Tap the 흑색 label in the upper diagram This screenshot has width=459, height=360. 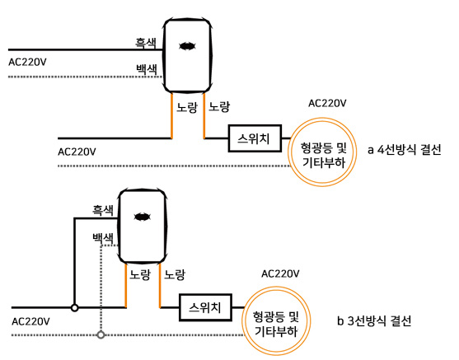[x=146, y=44]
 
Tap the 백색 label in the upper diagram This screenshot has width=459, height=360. [x=147, y=69]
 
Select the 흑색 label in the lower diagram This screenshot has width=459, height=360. [x=103, y=210]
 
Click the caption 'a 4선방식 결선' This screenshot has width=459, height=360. [x=405, y=150]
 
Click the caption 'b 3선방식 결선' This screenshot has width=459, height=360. [x=374, y=320]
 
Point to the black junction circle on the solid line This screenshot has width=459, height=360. [x=75, y=308]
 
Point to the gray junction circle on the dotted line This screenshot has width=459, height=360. [x=101, y=334]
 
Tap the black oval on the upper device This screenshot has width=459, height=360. [x=187, y=46]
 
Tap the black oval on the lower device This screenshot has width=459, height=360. [x=143, y=217]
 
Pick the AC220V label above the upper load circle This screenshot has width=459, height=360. [x=327, y=103]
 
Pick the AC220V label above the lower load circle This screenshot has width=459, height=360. [x=280, y=274]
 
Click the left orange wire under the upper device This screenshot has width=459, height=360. [x=171, y=115]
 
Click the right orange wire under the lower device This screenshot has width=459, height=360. [x=160, y=285]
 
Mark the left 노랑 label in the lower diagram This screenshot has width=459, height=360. [x=140, y=274]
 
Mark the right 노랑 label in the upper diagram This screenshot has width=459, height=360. [x=219, y=107]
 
